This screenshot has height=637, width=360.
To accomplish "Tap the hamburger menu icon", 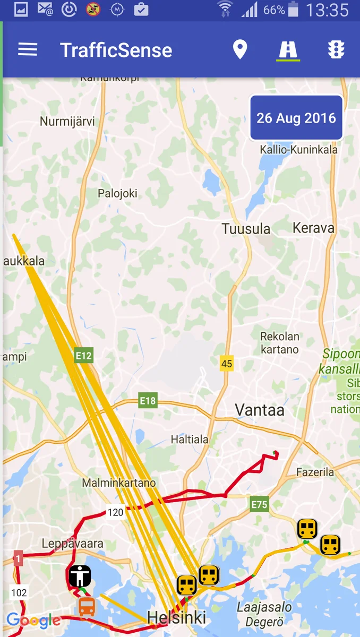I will click(x=28, y=50).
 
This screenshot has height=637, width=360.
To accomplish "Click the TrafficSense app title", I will click(x=116, y=50).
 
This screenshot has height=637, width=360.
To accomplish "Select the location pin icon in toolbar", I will click(x=240, y=50).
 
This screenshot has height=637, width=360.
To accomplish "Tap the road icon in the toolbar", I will click(x=288, y=50).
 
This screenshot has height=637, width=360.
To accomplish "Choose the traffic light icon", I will click(x=336, y=50).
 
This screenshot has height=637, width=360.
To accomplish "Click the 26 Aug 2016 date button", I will click(x=296, y=118).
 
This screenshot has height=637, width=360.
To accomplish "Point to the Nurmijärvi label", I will click(x=67, y=122).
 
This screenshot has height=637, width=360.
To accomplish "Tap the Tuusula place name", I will click(x=246, y=229).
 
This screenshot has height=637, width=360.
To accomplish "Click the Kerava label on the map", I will click(x=313, y=228).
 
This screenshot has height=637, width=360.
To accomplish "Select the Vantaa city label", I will click(x=260, y=410).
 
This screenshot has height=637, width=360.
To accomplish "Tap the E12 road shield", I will click(x=83, y=356).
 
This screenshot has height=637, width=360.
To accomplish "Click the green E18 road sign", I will click(x=148, y=400).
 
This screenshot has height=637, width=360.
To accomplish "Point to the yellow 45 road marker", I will click(x=227, y=364).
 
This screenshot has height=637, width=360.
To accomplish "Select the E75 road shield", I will click(x=259, y=504).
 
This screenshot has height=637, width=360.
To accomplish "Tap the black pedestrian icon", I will click(x=80, y=576).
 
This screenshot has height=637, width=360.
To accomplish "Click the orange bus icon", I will click(x=87, y=607).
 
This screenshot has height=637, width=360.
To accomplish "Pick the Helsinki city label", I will click(x=176, y=618).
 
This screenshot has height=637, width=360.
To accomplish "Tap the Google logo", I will click(x=33, y=620).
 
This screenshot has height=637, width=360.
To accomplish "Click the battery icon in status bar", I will click(x=293, y=10).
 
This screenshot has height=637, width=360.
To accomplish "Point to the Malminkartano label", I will click(x=119, y=483).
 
